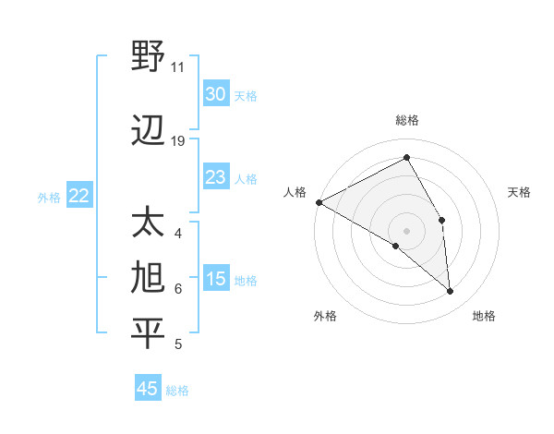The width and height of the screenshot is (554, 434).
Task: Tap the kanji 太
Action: tap(148, 224)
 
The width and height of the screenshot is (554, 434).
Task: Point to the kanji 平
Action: tap(148, 333)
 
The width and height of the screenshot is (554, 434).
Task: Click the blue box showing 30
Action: tap(215, 94)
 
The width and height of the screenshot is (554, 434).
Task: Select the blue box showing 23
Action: tap(215, 177)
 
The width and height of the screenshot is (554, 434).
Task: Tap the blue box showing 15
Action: tap(215, 280)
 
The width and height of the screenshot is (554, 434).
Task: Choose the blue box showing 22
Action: tap(79, 196)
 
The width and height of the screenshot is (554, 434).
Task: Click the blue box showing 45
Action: tap(148, 389)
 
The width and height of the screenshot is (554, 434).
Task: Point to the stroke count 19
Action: tap(178, 141)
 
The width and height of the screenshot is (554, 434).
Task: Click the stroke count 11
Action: tap(177, 67)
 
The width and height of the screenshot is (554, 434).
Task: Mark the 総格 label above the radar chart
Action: tap(406, 120)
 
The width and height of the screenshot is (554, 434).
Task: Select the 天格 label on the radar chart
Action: tap(519, 192)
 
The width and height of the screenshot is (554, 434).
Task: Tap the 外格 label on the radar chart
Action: tap(325, 316)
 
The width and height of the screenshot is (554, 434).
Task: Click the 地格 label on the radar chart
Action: tap(484, 316)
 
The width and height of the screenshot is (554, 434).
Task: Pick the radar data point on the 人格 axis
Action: tap(319, 202)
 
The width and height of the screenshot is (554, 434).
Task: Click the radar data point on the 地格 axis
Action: tap(451, 292)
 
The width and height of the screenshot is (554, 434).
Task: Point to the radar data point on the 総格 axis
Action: tap(406, 158)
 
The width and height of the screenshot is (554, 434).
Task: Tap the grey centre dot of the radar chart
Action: tap(406, 230)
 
